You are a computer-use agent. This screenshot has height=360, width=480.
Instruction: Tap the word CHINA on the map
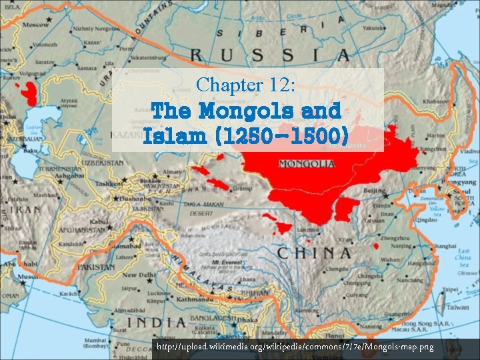pyautogui.click(x=314, y=253)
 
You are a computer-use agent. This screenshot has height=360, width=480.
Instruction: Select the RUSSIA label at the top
pyautogui.click(x=269, y=55)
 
